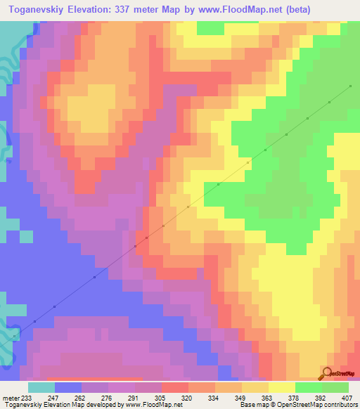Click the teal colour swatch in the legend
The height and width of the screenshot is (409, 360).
click(41, 387)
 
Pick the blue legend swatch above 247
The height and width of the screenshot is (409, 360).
click(68, 387)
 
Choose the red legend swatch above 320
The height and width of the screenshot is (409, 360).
click(174, 387)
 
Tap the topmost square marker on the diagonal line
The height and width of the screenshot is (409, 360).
click(349, 86)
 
